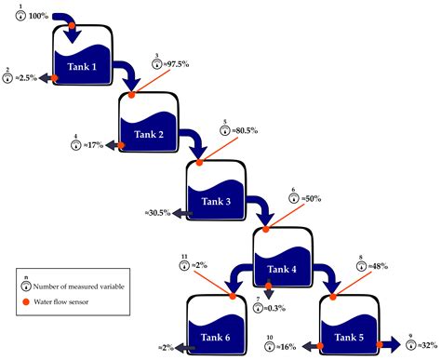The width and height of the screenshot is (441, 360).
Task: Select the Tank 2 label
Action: tap(147, 136)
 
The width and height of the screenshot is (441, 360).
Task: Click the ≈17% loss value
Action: tap(93, 146)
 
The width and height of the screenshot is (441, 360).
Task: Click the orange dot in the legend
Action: tap(26, 301)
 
